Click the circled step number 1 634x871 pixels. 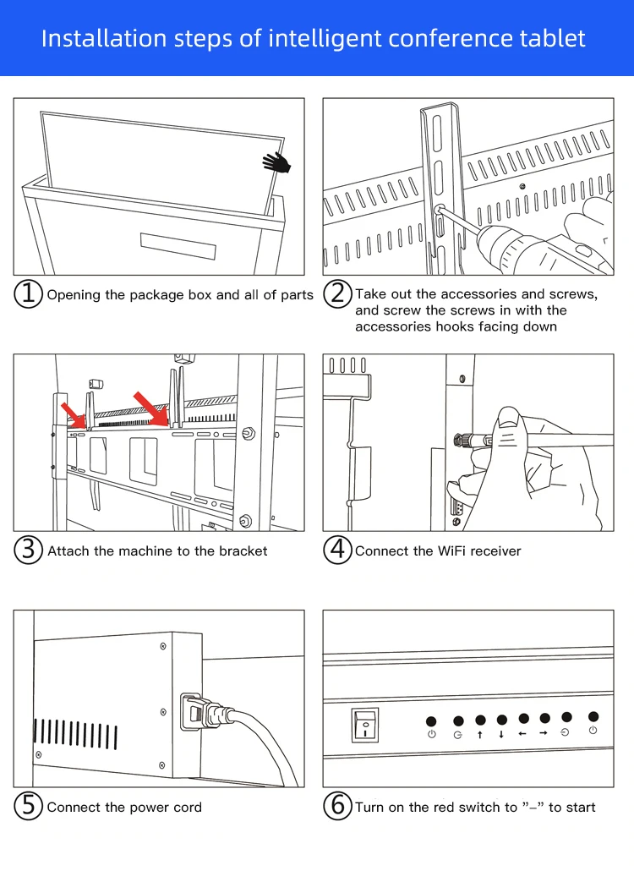coord(29,294)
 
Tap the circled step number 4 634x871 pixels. coord(338,551)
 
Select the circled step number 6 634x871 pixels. coord(338,807)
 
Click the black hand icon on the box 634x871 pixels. coord(276,162)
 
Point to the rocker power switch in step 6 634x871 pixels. coord(365,724)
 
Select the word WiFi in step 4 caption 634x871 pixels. coord(449,551)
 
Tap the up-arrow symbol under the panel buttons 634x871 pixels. coord(480,734)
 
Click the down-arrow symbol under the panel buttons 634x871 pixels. coord(502,734)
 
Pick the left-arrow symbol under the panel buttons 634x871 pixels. coord(523,733)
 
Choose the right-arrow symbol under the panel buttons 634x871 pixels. coord(544,733)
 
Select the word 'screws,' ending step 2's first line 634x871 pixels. coord(572,294)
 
